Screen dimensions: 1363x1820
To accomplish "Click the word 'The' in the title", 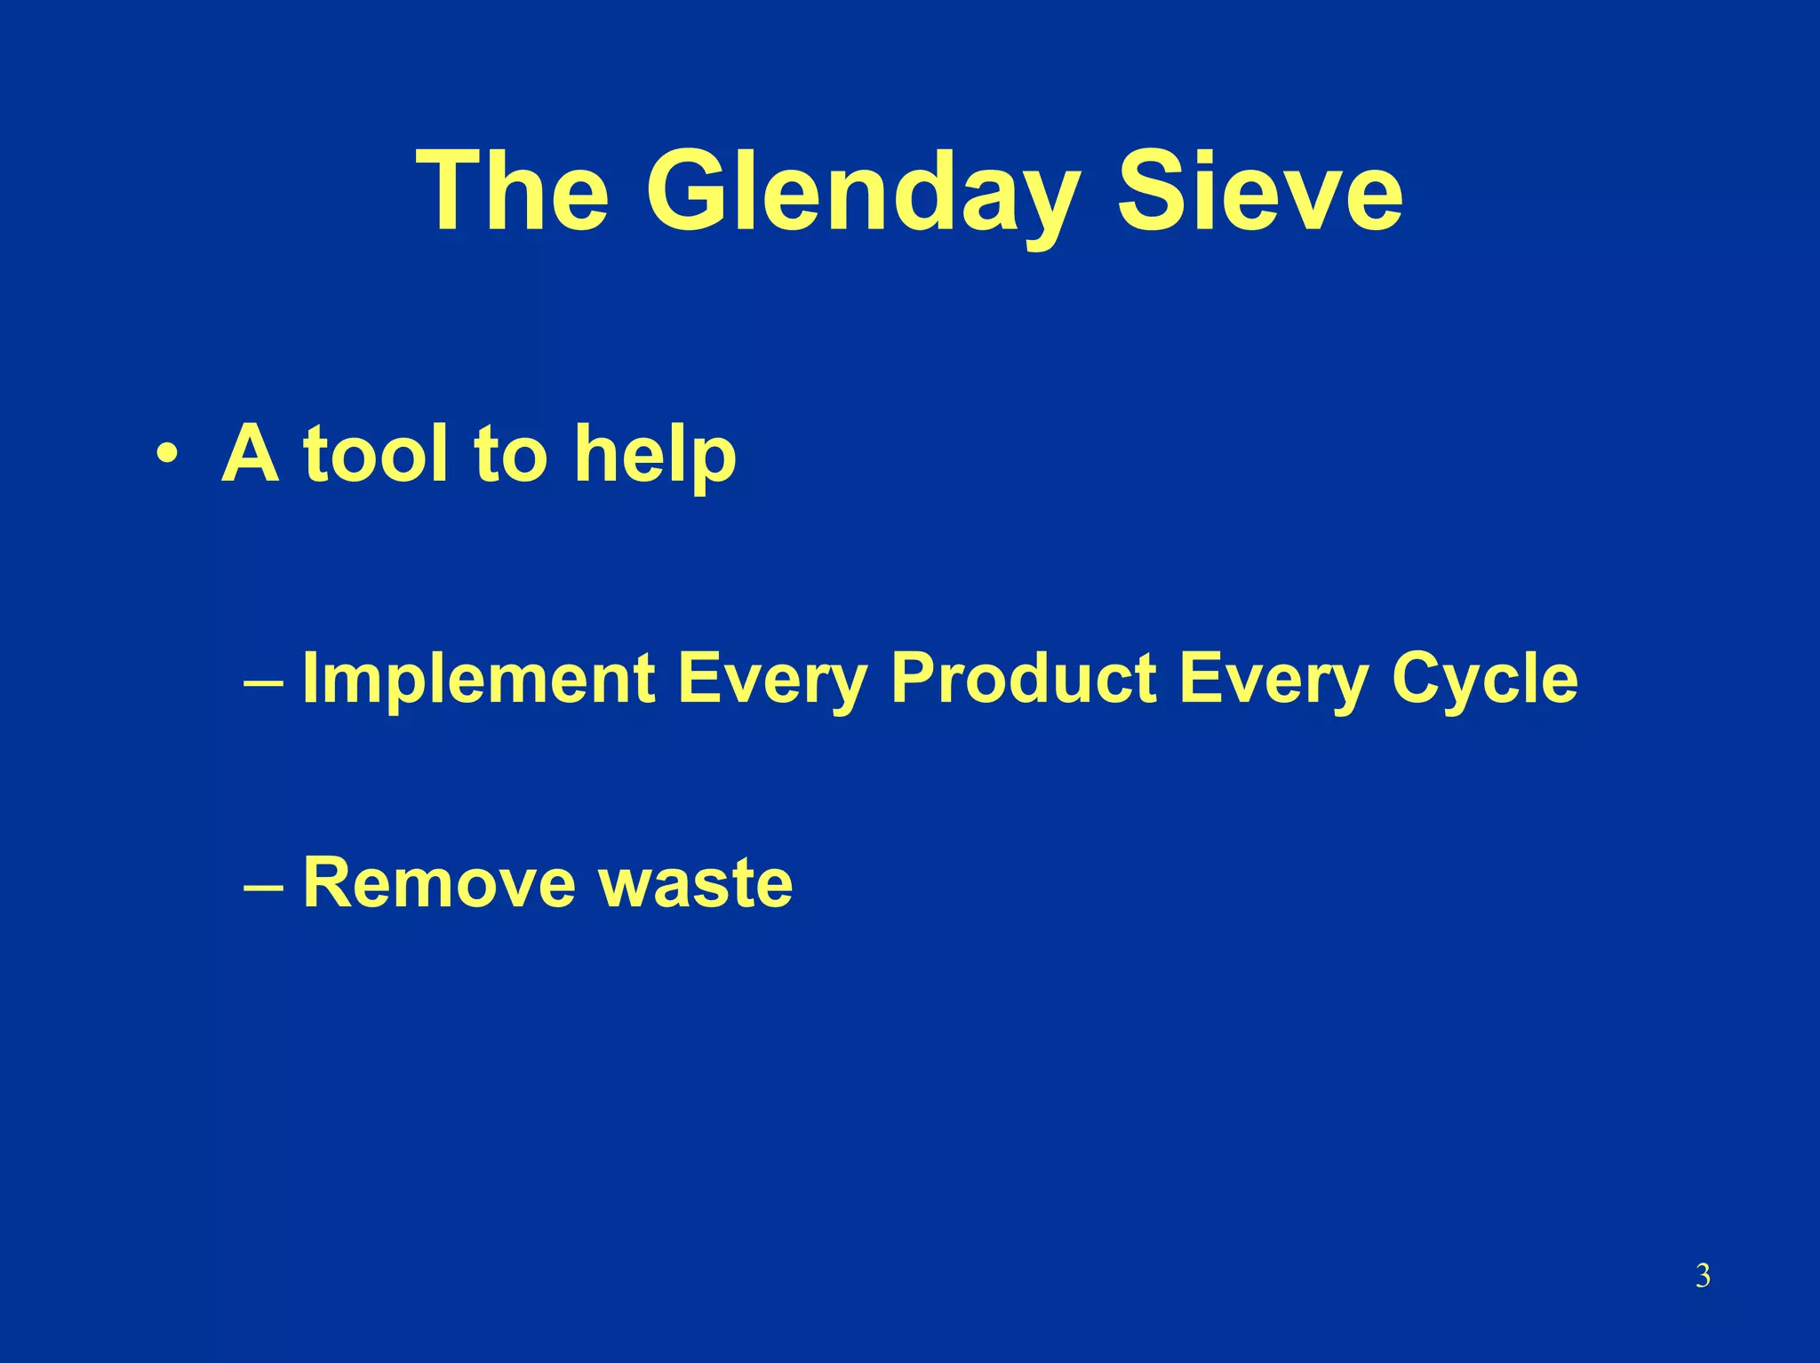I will tap(513, 193).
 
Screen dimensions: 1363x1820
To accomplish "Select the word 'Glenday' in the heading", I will tap(862, 193).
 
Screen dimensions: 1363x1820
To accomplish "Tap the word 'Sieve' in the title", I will tap(1259, 193).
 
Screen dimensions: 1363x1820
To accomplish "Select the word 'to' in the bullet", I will tap(508, 453).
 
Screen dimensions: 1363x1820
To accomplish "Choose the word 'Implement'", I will tap(479, 681).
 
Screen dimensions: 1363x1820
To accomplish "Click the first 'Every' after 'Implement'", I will tap(771, 681).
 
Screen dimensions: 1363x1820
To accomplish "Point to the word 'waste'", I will tap(696, 885).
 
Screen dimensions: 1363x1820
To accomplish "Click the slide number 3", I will tap(1703, 1277).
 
